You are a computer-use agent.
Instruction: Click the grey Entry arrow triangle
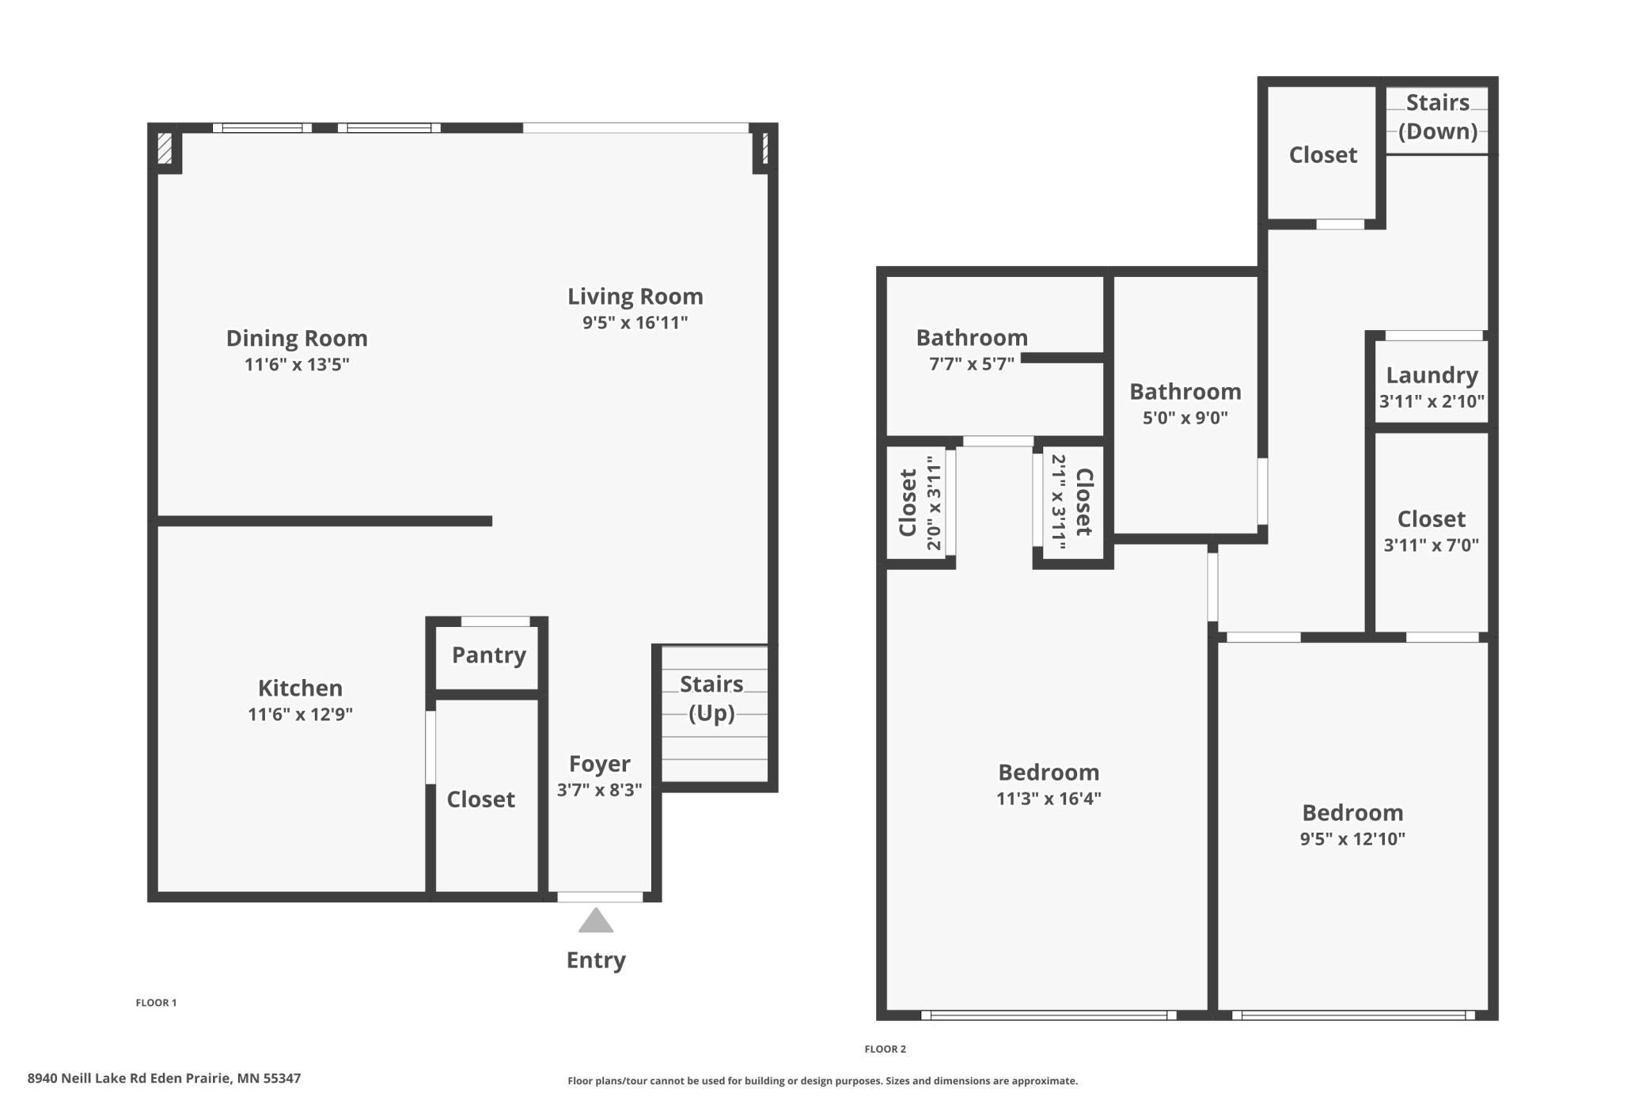pyautogui.click(x=596, y=922)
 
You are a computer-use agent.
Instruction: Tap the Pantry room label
pyautogui.click(x=488, y=655)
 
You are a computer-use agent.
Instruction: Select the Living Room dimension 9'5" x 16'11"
pyautogui.click(x=635, y=323)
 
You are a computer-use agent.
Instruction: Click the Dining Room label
pyautogui.click(x=297, y=339)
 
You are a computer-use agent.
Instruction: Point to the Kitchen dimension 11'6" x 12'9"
pyautogui.click(x=300, y=715)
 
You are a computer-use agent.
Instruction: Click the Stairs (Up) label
pyautogui.click(x=711, y=698)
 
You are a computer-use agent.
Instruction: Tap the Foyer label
pyautogui.click(x=599, y=764)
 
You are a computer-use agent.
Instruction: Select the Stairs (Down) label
pyautogui.click(x=1437, y=116)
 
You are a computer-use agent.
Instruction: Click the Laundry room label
pyautogui.click(x=1432, y=375)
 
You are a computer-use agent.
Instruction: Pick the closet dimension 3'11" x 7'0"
pyautogui.click(x=1431, y=545)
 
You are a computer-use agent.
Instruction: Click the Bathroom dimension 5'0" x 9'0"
pyautogui.click(x=1185, y=418)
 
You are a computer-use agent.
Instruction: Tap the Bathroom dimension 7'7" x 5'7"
pyautogui.click(x=971, y=364)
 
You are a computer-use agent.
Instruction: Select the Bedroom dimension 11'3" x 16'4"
pyautogui.click(x=1048, y=799)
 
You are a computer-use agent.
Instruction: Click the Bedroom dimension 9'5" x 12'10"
pyautogui.click(x=1352, y=839)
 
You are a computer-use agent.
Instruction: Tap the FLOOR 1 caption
pyautogui.click(x=156, y=1003)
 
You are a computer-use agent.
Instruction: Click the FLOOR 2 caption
pyautogui.click(x=885, y=1049)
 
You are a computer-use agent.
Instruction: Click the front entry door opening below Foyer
pyautogui.click(x=600, y=897)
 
